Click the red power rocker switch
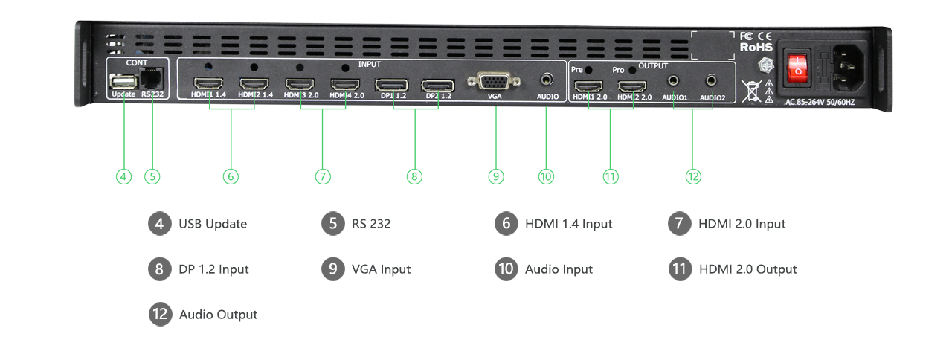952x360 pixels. tap(799, 65)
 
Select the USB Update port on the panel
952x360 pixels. tap(121, 80)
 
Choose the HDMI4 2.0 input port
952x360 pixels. tap(345, 83)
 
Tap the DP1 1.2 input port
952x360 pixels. tap(392, 84)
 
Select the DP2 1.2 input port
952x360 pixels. tap(438, 84)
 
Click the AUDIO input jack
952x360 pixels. tap(547, 79)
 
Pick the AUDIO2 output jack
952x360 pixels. tap(712, 79)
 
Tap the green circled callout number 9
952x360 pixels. tap(496, 176)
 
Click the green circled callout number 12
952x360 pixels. tap(693, 176)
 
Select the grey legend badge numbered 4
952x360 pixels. tap(159, 224)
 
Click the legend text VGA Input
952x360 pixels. tap(381, 269)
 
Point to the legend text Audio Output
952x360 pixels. tap(218, 315)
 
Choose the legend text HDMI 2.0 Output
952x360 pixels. tap(747, 269)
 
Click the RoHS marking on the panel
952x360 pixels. tap(756, 46)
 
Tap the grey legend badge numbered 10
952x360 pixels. tap(506, 269)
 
